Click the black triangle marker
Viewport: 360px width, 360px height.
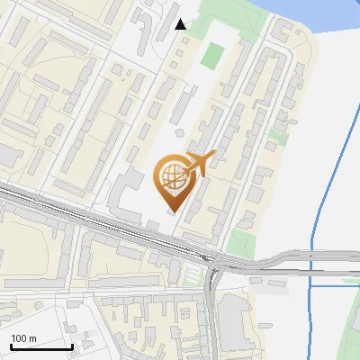181,24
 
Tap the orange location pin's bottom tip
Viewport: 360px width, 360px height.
173,212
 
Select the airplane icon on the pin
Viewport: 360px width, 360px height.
197,163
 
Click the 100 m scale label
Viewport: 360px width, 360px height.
23,338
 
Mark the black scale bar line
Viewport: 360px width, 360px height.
41,346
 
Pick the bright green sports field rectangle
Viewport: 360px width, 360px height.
211,56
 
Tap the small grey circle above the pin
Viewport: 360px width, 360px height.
179,133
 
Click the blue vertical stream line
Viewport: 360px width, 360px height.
324,180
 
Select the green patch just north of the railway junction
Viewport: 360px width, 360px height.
240,241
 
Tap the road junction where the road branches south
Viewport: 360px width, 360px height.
214,265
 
